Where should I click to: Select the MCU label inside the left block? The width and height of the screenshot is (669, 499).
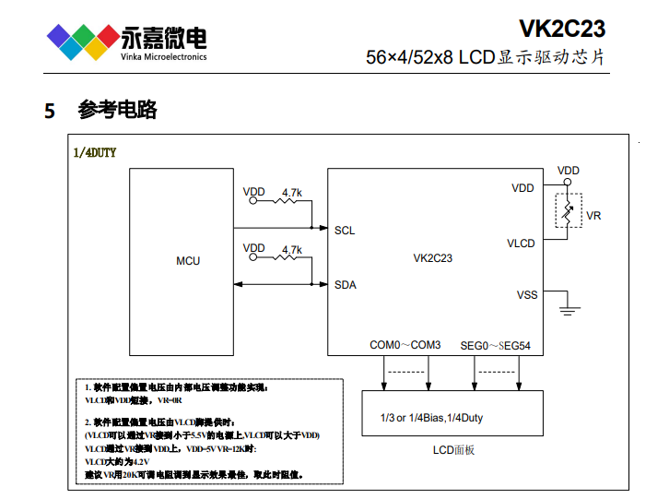point(188,261)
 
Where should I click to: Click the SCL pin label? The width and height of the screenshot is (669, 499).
point(345,231)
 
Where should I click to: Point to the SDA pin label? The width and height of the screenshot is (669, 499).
point(345,284)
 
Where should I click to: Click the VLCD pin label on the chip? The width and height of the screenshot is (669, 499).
point(521,244)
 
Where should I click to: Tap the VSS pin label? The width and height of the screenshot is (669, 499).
point(526,295)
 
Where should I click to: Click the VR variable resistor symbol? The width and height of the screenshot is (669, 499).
point(569,213)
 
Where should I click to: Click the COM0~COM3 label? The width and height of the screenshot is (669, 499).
point(405,345)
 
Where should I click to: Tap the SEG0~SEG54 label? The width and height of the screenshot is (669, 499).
point(495,345)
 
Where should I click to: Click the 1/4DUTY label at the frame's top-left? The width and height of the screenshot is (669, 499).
point(95,153)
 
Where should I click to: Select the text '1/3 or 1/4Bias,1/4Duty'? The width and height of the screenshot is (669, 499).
point(431,418)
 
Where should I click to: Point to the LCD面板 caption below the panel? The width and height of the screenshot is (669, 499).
point(453,450)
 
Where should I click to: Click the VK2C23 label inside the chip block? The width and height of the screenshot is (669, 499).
point(433,259)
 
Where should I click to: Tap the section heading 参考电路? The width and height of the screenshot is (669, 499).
point(118,110)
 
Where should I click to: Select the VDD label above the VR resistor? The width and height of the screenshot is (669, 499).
point(569,171)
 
